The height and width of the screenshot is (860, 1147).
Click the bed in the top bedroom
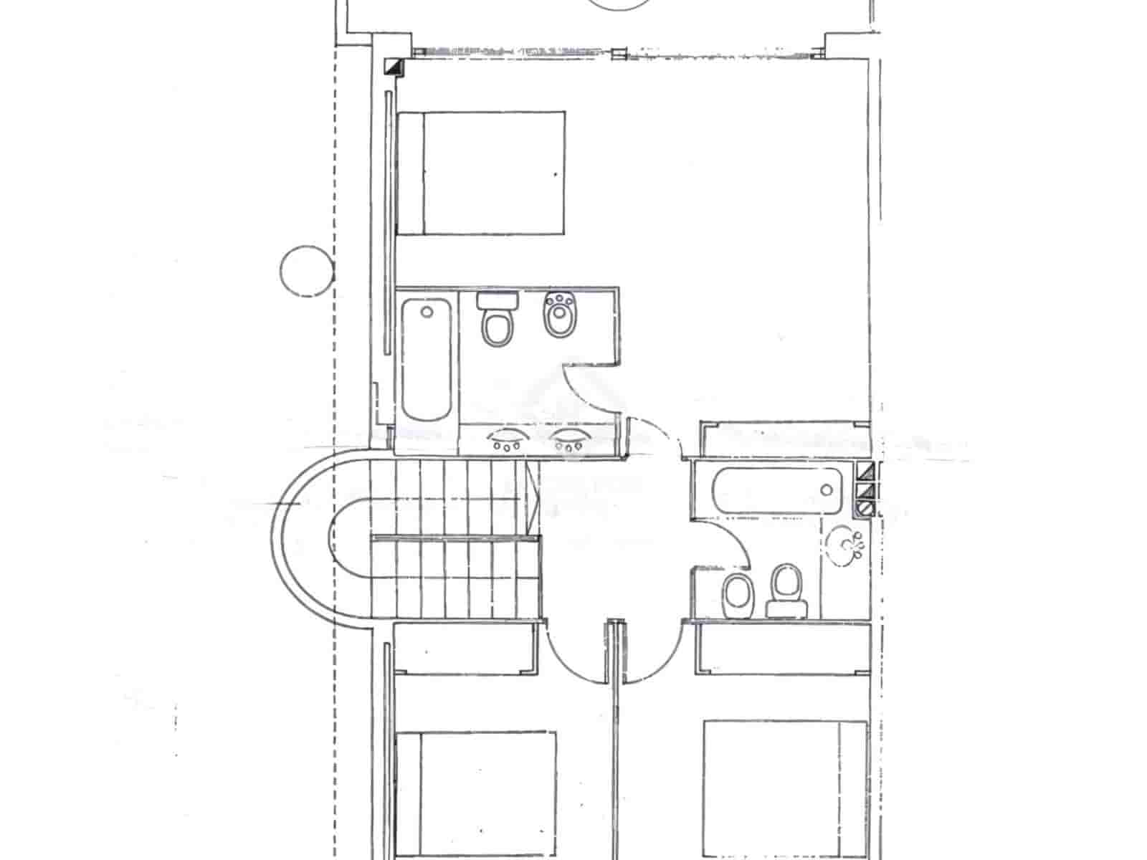tap(481, 173)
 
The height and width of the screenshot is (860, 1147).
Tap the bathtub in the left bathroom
tap(427, 360)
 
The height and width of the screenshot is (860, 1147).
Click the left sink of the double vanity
tap(507, 439)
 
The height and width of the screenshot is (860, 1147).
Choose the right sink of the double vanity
tap(568, 439)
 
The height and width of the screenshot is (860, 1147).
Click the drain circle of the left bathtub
tap(427, 312)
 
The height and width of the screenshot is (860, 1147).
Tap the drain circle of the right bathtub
tap(827, 490)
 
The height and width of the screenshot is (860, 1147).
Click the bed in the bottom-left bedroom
tap(476, 792)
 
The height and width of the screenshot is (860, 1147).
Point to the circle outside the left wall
tap(307, 271)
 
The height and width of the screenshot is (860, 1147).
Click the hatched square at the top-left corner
tap(394, 67)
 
